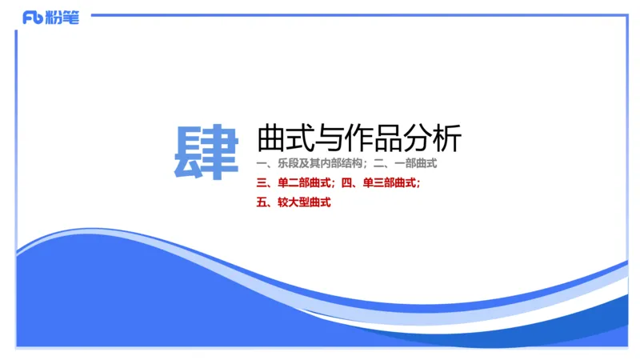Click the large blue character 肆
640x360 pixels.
[206, 152]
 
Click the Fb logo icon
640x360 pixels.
[33, 18]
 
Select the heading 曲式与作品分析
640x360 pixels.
[359, 138]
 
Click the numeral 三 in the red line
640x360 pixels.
[262, 183]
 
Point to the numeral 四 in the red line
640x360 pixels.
[346, 183]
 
